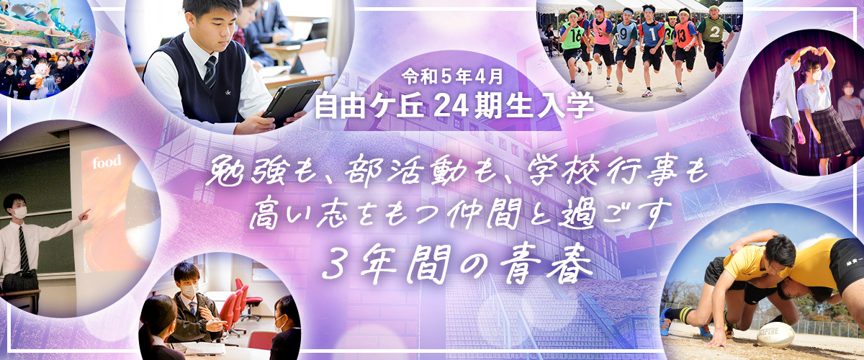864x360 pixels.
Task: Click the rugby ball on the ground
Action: tap(775, 335)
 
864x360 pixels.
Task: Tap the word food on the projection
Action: tap(107, 162)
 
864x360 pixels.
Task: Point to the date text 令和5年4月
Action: tap(452, 77)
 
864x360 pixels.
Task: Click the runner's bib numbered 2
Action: tap(714, 32)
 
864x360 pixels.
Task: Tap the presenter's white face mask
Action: tap(19, 212)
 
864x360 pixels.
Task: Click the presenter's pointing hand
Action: tap(84, 215)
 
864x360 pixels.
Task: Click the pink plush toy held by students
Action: tap(40, 74)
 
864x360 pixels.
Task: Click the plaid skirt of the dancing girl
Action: tap(830, 133)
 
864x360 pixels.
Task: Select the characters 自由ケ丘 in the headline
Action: tap(369, 107)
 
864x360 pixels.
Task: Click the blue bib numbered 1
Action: tap(651, 35)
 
